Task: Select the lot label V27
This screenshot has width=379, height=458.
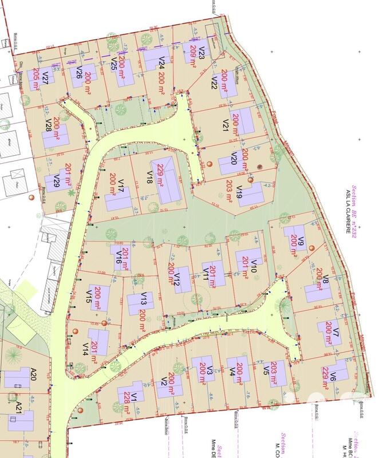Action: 45,77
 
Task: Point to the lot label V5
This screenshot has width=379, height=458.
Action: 266,371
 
